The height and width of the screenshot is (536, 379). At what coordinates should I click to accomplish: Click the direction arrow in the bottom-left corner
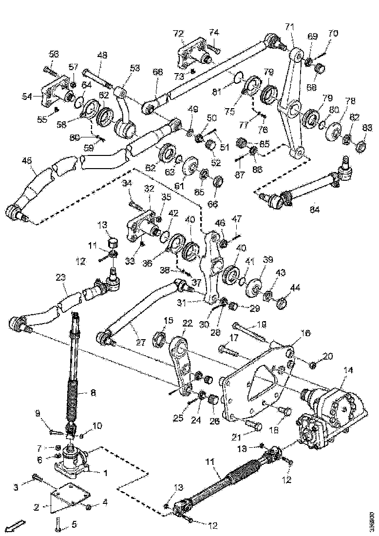pos(17,525)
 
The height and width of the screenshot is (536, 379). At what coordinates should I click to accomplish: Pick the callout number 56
pos(53,54)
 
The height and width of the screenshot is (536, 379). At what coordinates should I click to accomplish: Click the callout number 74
pos(214,33)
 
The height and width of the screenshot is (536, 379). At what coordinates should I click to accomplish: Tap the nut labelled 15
pos(160,337)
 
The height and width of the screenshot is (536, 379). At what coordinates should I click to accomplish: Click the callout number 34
pos(127,183)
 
